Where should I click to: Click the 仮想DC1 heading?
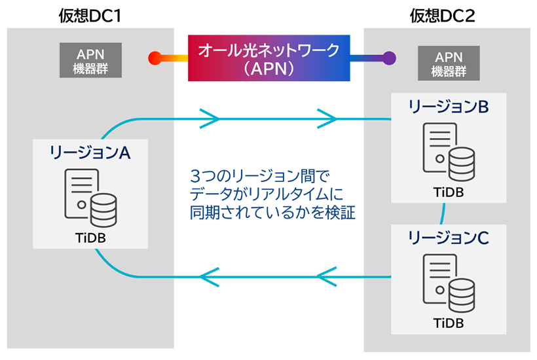coord(90,14)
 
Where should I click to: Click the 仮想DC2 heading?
coord(447,14)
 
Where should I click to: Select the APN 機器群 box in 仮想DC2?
coord(447,64)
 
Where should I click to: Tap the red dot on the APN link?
coord(155,58)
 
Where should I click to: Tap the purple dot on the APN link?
coord(389,58)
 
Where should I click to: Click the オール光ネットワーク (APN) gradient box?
coord(268,58)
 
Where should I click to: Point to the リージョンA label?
coord(90,153)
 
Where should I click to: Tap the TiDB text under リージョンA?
coord(90,236)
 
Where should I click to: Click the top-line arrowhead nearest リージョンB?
coord(327,118)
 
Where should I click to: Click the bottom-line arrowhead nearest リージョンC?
coord(327,278)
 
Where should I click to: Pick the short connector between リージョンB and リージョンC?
coord(443,213)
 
